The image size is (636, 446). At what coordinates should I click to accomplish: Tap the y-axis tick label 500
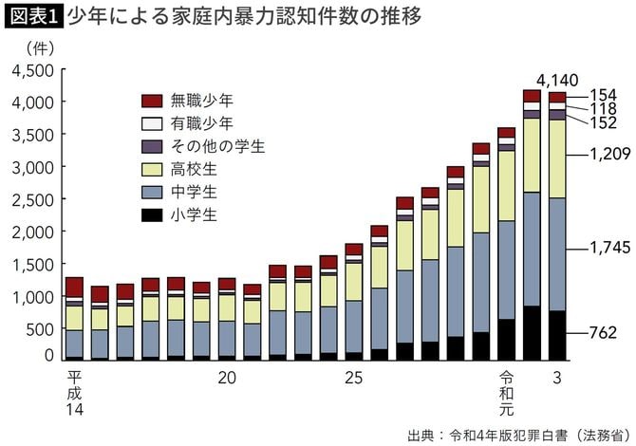pos(42,329)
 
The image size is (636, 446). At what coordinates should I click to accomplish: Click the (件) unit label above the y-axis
pos(29,46)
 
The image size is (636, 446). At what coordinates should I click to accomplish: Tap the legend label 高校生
pos(195,169)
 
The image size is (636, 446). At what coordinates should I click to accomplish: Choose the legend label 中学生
pos(195,192)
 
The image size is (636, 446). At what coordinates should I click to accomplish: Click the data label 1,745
pos(596,249)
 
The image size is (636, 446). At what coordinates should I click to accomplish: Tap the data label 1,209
pos(596,152)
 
